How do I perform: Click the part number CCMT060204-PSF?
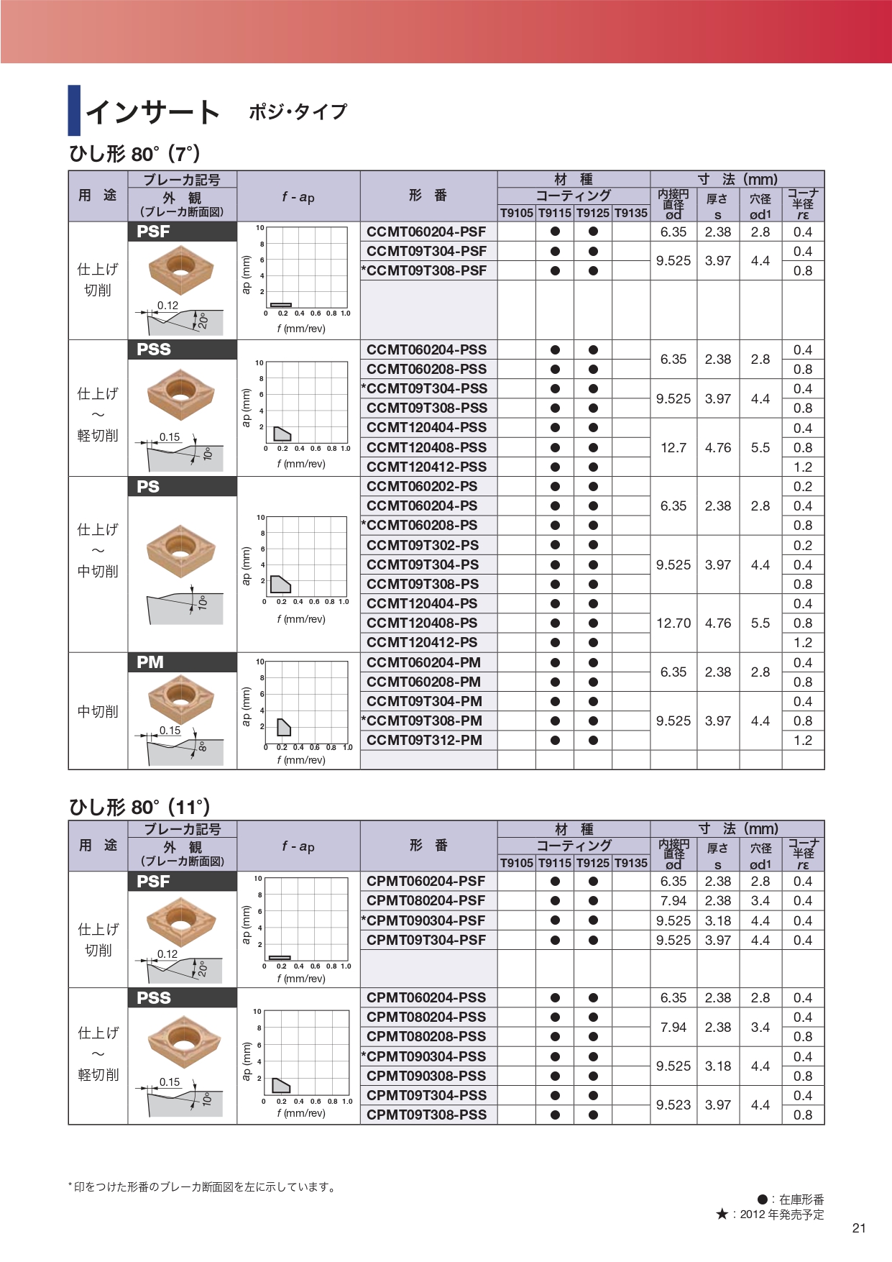426,232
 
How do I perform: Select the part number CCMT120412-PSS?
426,467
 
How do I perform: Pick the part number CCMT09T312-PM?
424,740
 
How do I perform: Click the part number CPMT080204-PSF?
426,900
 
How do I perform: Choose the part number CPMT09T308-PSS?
426,1115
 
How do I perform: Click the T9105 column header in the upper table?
517,213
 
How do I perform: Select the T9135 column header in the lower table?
631,863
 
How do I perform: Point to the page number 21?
859,1228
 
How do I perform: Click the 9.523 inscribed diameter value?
673,1105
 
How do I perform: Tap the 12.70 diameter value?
673,623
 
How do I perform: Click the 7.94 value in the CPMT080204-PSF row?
673,900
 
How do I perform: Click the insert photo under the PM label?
181,698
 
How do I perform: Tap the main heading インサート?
152,111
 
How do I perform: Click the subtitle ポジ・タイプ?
298,111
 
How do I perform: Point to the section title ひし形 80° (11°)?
139,807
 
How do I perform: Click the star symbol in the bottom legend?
722,1215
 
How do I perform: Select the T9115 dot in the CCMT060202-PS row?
555,486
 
